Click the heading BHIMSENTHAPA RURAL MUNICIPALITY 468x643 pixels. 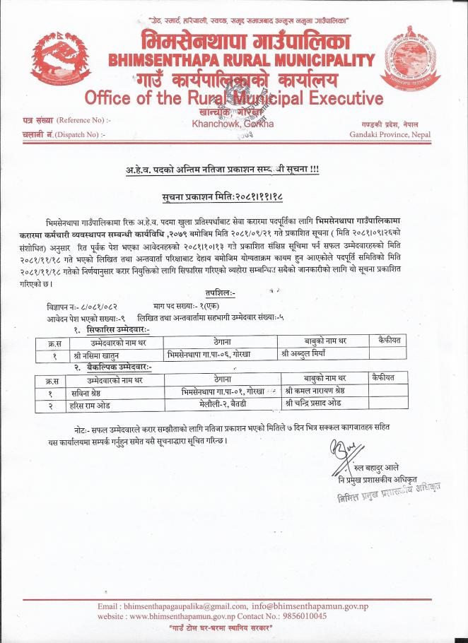tap(241, 59)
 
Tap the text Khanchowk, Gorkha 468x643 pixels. tap(233, 124)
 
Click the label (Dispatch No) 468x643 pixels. tap(71, 134)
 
